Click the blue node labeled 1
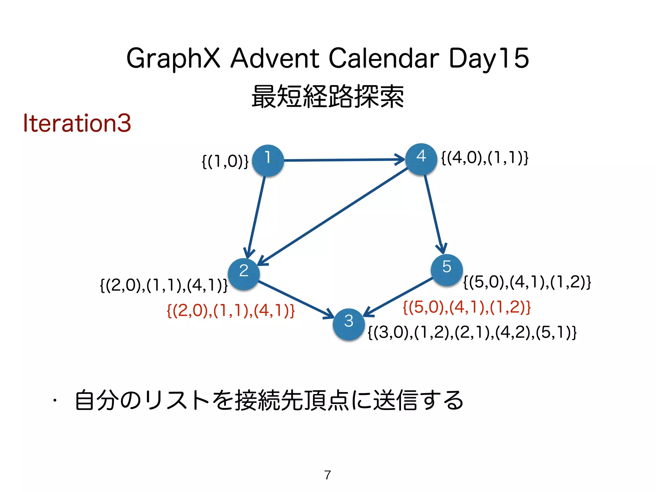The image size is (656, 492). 268,160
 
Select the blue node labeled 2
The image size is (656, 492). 244,274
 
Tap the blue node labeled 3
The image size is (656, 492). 349,324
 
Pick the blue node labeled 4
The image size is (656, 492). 421,159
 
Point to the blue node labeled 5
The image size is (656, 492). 447,270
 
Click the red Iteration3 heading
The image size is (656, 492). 77,123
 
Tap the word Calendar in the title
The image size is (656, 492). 384,58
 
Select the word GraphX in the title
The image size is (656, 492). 173,59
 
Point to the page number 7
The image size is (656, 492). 327,475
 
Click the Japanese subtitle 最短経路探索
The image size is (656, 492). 328,96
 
